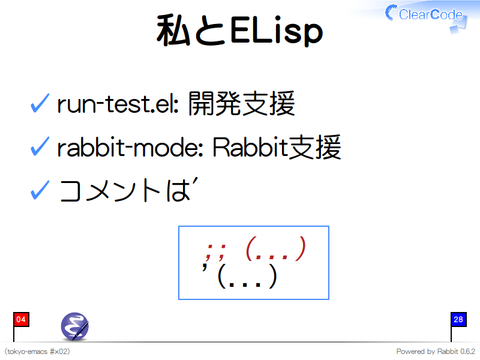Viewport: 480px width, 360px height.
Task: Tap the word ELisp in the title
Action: (x=277, y=31)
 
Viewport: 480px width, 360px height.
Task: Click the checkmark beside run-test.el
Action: (x=40, y=103)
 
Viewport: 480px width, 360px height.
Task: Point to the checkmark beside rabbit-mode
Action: (x=40, y=146)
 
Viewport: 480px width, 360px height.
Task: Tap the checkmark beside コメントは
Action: (x=40, y=190)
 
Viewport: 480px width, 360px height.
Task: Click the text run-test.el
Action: (x=118, y=104)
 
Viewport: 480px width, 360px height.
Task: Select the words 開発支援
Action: (x=242, y=103)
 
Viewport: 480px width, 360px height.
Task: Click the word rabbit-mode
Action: (x=130, y=147)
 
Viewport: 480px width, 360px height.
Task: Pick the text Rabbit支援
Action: (x=277, y=147)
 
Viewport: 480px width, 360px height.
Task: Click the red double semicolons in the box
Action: (x=216, y=252)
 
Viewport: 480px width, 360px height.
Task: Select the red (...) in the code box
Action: (x=276, y=248)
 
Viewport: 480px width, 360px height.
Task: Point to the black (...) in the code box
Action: (x=247, y=276)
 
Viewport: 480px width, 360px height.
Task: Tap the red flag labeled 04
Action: (x=21, y=320)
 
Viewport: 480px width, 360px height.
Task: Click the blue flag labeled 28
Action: (x=458, y=320)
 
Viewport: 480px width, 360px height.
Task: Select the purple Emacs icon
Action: (x=74, y=326)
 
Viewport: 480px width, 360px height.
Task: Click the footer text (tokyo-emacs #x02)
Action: (x=37, y=352)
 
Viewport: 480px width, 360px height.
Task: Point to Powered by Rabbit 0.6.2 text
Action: (x=436, y=352)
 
